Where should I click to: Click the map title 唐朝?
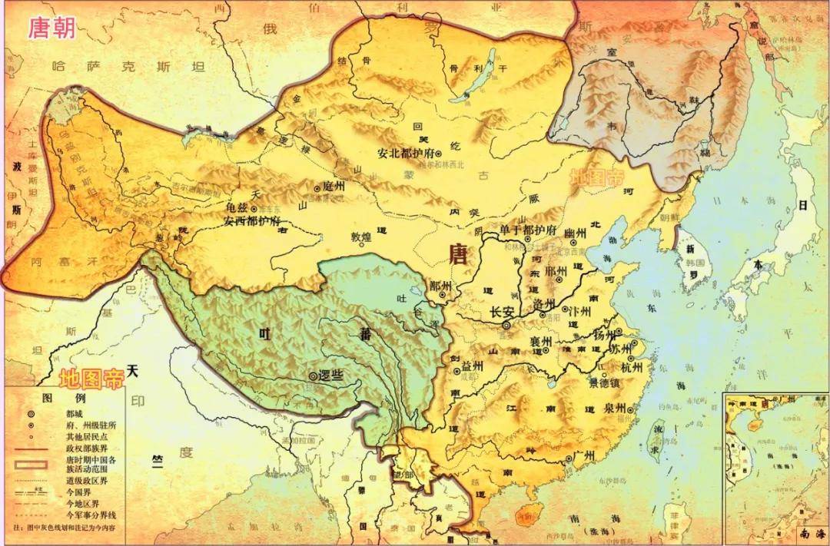(53, 28)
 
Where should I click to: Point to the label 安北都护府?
(406, 153)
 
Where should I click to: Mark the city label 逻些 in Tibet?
(330, 376)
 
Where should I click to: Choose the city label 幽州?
(576, 233)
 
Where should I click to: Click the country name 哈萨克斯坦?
(128, 67)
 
